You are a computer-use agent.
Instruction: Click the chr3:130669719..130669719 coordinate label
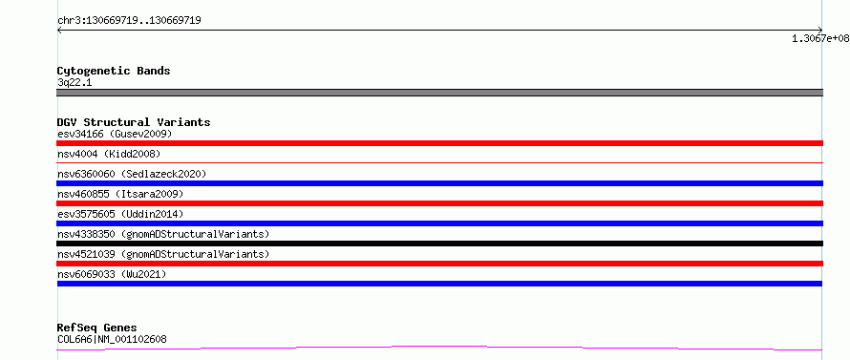tap(129, 21)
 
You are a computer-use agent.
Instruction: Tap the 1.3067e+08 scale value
tap(820, 38)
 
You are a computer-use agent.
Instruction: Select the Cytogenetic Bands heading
tap(114, 71)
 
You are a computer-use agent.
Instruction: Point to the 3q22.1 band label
tap(75, 82)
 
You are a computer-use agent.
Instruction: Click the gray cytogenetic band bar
tap(439, 93)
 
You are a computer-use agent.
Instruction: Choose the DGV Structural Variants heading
tap(134, 122)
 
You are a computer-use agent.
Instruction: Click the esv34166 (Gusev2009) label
tap(115, 134)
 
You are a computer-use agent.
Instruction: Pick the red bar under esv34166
tap(439, 143)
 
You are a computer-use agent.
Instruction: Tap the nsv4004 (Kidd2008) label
tap(109, 154)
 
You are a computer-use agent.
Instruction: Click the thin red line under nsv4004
tap(439, 162)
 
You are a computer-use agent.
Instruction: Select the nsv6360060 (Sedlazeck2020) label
tap(132, 174)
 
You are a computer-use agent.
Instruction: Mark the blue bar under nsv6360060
tap(439, 183)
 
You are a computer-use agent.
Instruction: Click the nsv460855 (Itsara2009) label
tap(120, 194)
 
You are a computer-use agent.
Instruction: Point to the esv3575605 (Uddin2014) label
tap(120, 214)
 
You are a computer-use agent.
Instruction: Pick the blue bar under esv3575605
tap(439, 223)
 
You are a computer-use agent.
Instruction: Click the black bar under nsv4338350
tap(439, 244)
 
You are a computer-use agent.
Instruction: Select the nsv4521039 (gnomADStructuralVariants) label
tap(163, 254)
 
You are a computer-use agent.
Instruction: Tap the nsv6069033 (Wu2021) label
tap(112, 274)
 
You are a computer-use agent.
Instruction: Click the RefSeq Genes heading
tap(96, 328)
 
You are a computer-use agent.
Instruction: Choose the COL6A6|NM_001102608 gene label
tap(112, 339)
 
